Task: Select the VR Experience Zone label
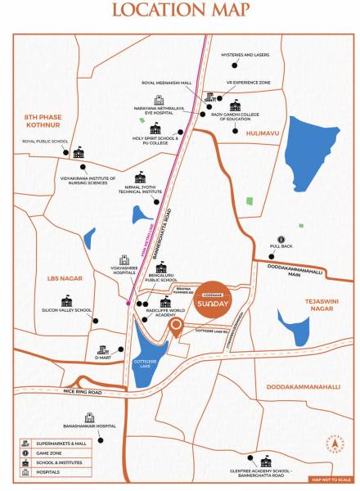pyautogui.click(x=248, y=83)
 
